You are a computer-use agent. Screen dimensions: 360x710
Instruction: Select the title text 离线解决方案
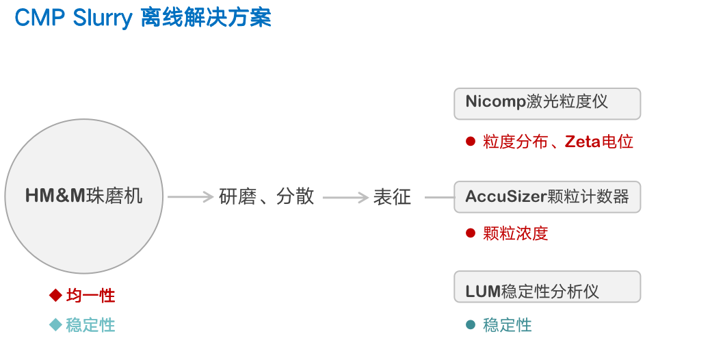point(206,18)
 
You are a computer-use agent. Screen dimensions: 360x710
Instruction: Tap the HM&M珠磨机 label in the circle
point(84,196)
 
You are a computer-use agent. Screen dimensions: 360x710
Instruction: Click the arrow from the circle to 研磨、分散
point(191,197)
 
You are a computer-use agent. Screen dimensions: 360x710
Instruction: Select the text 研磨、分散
point(267,197)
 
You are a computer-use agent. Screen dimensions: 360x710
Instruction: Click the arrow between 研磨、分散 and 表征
point(345,197)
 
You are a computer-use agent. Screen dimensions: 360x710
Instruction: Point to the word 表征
point(392,197)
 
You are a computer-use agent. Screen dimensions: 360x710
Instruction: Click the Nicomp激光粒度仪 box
point(547,103)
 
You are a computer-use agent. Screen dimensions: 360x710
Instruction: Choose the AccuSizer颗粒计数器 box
point(547,196)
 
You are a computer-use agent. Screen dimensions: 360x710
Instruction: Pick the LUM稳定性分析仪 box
point(547,287)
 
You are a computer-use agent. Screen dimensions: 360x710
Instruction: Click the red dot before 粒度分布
point(470,142)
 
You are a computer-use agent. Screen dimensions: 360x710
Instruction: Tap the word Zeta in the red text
point(582,142)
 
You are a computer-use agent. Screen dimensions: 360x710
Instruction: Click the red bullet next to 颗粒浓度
point(470,233)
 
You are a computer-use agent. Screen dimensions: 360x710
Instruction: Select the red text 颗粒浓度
point(515,233)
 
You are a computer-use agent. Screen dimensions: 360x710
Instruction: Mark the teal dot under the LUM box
point(470,325)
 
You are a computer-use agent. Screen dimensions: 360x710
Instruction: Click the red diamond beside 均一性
point(55,296)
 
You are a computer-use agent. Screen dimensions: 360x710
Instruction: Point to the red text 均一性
point(91,296)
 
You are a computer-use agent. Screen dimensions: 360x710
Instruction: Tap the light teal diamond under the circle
point(55,325)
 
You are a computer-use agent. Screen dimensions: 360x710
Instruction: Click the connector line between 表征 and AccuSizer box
point(439,198)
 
